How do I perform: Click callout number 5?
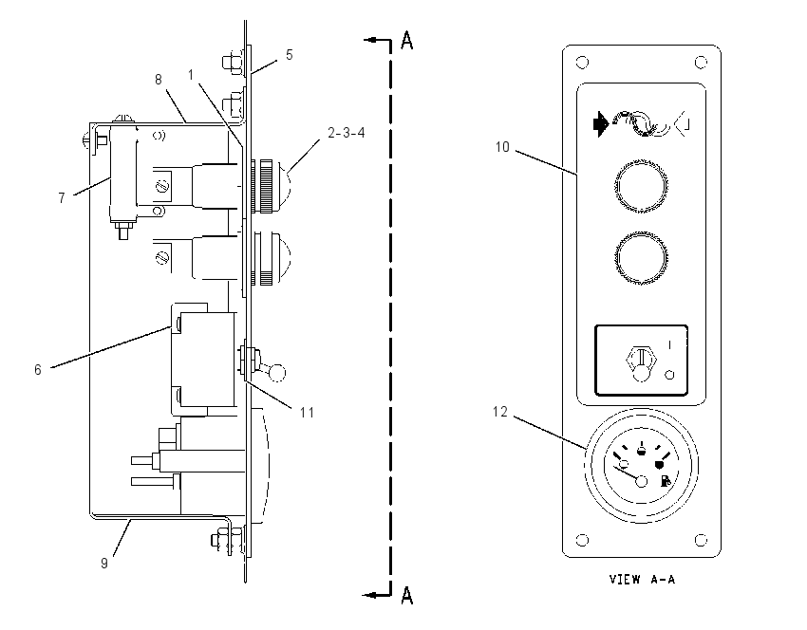[x=290, y=54]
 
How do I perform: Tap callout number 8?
[x=159, y=79]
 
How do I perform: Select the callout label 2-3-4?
[x=347, y=133]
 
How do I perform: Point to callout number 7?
[x=62, y=197]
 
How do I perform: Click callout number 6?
[x=38, y=369]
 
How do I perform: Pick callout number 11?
[x=308, y=413]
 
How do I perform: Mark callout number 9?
[x=104, y=564]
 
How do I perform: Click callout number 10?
[x=502, y=147]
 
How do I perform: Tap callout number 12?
[x=500, y=412]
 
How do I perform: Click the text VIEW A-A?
[x=642, y=580]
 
